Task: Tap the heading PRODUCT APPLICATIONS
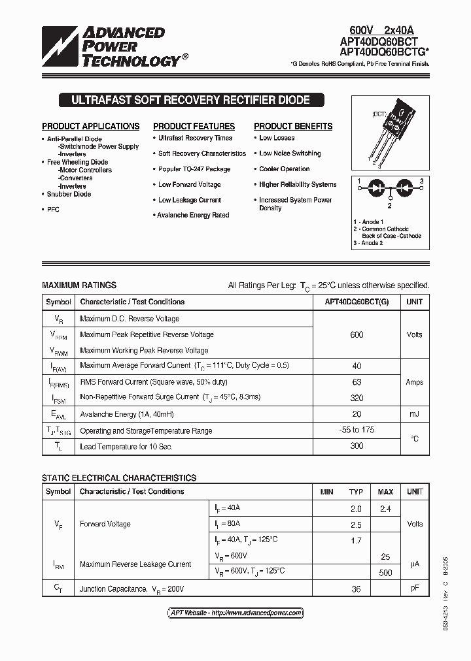tap(91, 126)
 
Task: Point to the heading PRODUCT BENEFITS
tap(293, 126)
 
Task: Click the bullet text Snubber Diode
tap(69, 194)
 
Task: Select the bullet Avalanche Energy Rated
tap(193, 215)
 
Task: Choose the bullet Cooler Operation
tap(284, 169)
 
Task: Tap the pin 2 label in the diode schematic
tap(389, 205)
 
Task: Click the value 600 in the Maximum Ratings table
tap(357, 334)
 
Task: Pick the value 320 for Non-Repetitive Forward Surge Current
tap(357, 397)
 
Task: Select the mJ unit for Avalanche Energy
tap(414, 414)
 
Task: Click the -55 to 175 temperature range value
tap(357, 430)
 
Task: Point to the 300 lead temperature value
tap(357, 447)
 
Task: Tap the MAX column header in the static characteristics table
tap(385, 491)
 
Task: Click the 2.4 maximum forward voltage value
tap(385, 508)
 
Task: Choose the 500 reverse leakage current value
tap(385, 573)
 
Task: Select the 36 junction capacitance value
tap(356, 588)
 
